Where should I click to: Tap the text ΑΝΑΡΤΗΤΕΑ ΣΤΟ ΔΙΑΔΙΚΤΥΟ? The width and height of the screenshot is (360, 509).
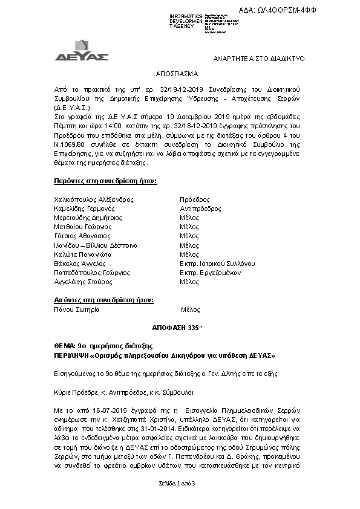click(x=258, y=59)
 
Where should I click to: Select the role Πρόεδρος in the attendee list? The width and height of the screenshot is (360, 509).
click(x=195, y=199)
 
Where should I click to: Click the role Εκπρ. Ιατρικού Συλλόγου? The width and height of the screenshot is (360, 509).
click(x=217, y=264)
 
